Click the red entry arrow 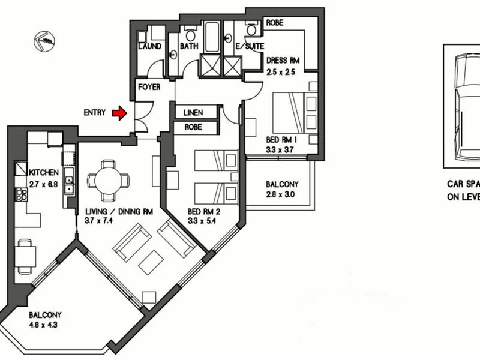click(120, 112)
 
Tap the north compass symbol click(44, 40)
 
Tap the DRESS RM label click(282, 61)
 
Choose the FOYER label click(148, 87)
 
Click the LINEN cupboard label click(193, 112)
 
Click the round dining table click(107, 179)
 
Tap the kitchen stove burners click(20, 194)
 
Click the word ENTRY click(95, 112)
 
